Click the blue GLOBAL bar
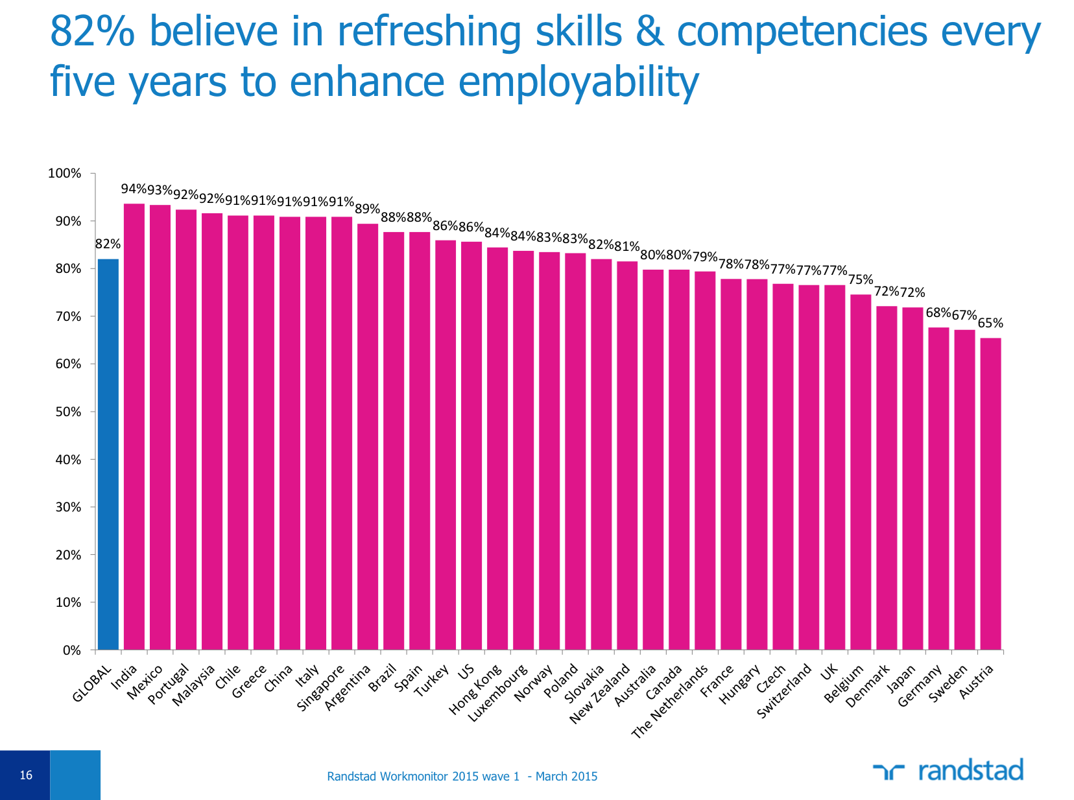[108, 454]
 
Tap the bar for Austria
[990, 493]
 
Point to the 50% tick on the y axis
[67, 412]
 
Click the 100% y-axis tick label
[64, 174]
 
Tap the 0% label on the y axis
[71, 650]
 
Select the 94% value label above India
[134, 189]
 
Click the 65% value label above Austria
[990, 323]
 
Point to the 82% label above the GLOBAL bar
[108, 244]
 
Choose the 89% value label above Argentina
[368, 209]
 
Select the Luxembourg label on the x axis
[498, 693]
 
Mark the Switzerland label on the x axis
[785, 691]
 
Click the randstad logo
[948, 771]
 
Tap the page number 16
[26, 775]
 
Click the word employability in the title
[579, 82]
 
